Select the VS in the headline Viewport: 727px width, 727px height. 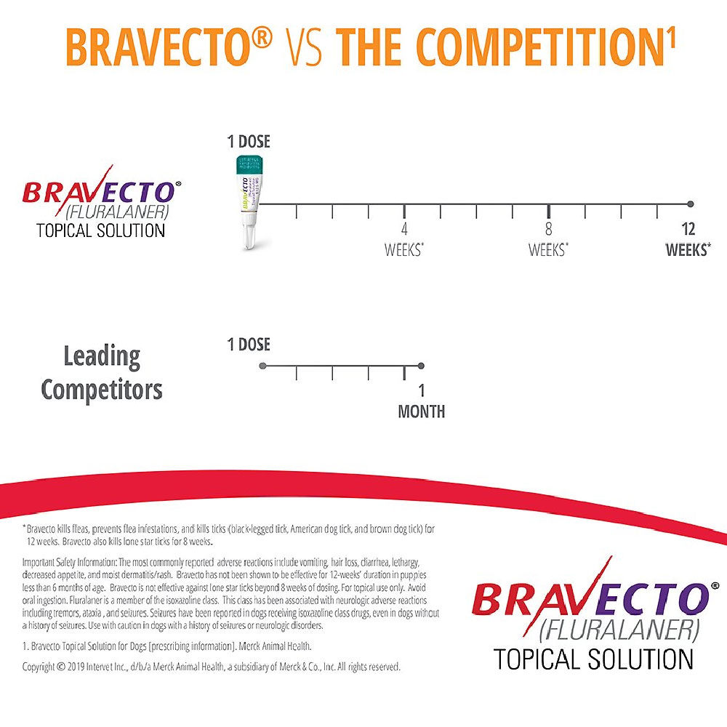[x=304, y=48]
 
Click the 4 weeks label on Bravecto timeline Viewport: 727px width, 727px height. [x=404, y=239]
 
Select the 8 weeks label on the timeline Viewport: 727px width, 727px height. [x=548, y=239]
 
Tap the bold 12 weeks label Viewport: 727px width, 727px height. [x=688, y=239]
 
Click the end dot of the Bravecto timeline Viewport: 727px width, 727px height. [x=690, y=204]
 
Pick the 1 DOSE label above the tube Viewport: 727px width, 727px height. [x=249, y=142]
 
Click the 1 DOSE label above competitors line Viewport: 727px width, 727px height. [x=249, y=345]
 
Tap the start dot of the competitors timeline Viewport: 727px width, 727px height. [x=263, y=366]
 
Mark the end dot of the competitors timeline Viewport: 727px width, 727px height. [x=421, y=366]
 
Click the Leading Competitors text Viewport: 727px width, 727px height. [x=102, y=373]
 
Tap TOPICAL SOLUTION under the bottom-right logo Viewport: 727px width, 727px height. [x=593, y=659]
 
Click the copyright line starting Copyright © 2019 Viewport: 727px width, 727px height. [x=211, y=667]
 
